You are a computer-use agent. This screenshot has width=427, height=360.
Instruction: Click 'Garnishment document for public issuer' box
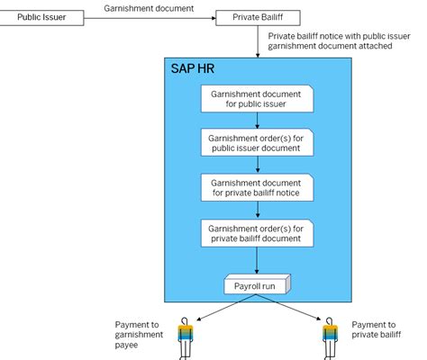(x=259, y=98)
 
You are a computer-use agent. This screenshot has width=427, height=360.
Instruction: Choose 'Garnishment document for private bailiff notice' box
(x=259, y=186)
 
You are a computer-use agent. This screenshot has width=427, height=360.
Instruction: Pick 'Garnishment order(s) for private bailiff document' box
(x=259, y=233)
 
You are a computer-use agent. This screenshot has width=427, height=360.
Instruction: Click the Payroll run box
(x=259, y=285)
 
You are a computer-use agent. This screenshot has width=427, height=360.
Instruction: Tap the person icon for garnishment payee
(x=186, y=337)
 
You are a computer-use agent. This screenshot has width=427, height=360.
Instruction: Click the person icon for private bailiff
(x=329, y=337)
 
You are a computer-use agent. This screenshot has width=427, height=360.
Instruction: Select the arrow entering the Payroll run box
(x=259, y=263)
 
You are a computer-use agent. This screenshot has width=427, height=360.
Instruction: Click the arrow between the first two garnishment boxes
(x=259, y=119)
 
